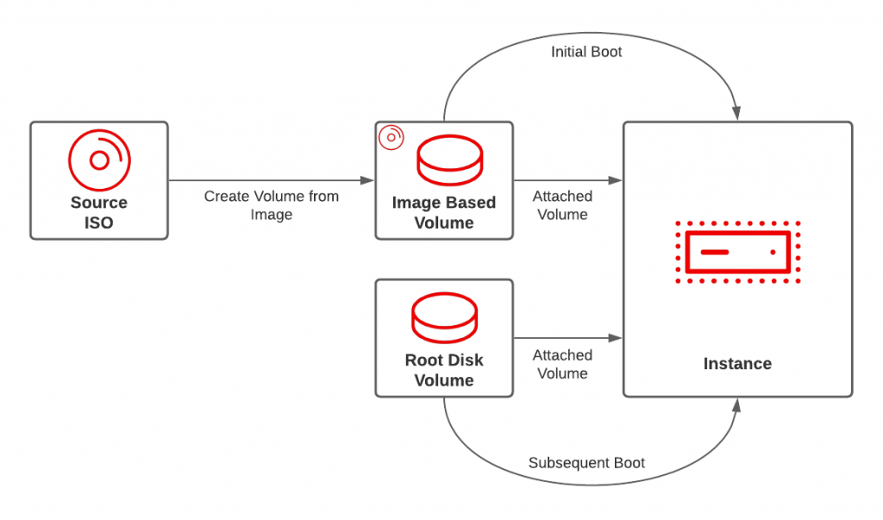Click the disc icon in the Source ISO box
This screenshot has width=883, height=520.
click(x=99, y=160)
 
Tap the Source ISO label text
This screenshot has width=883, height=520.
click(x=99, y=213)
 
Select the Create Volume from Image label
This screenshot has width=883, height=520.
click(x=272, y=205)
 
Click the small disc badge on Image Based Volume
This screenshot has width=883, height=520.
click(x=391, y=137)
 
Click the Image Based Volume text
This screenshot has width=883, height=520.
click(x=444, y=213)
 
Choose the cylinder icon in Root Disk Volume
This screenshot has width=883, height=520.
click(x=444, y=319)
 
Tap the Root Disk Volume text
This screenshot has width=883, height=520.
click(x=444, y=371)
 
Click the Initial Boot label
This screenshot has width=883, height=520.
click(x=586, y=52)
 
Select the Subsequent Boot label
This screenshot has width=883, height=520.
click(x=586, y=463)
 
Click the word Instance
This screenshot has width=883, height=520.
click(x=737, y=364)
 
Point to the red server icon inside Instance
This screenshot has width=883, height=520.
click(x=737, y=252)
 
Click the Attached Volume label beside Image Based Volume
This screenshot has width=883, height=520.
click(x=562, y=205)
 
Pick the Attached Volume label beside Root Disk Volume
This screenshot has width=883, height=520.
click(x=562, y=364)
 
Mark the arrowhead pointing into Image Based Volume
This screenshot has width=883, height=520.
click(x=367, y=180)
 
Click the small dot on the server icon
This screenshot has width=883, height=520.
click(x=773, y=252)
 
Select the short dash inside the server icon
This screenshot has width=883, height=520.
click(x=715, y=252)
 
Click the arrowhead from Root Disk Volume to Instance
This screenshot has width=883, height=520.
click(x=616, y=338)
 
